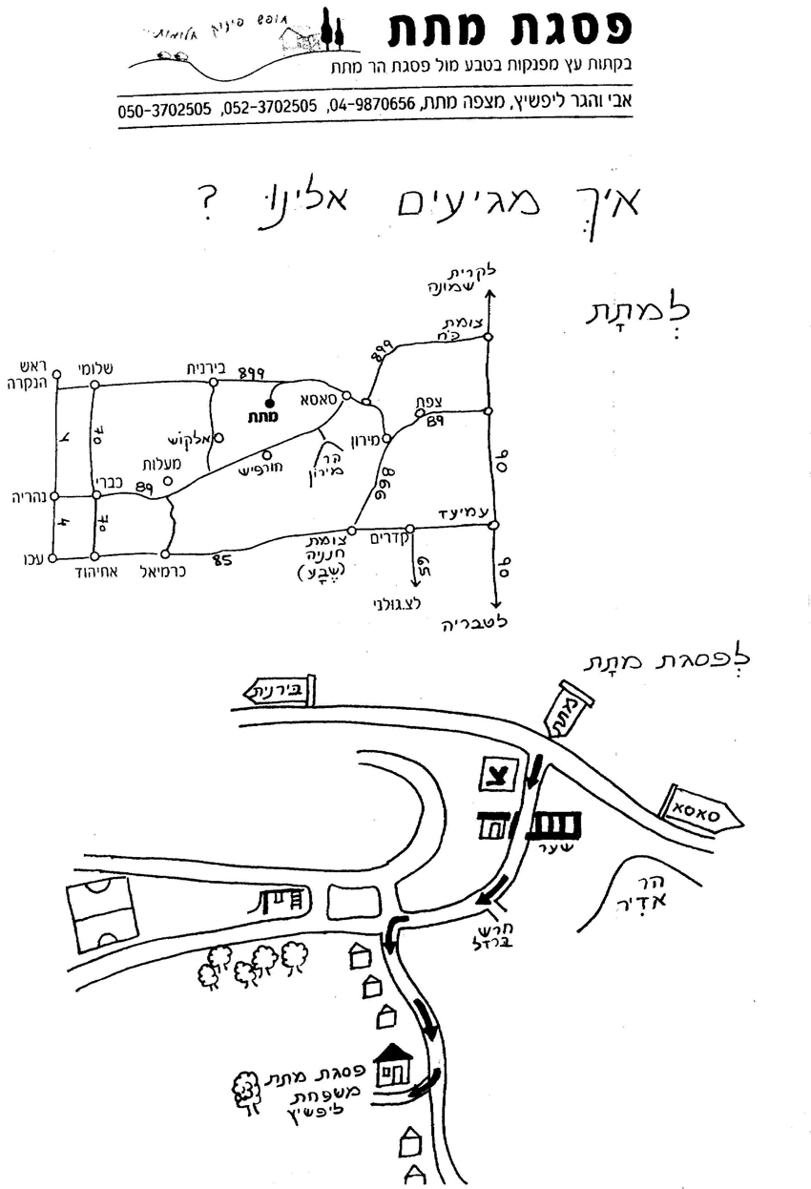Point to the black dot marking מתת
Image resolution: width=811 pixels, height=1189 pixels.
(x=269, y=403)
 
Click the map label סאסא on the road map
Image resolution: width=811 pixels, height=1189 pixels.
(x=321, y=399)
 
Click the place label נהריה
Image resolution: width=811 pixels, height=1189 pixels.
(x=25, y=497)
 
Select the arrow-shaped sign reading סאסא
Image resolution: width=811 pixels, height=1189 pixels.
(x=701, y=809)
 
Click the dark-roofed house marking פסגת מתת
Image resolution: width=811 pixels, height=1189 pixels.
(x=393, y=1064)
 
